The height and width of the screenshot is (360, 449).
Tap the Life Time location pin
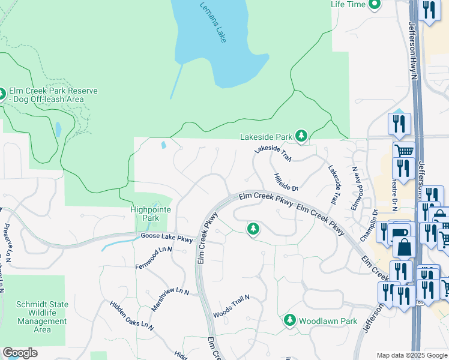click(x=375, y=5)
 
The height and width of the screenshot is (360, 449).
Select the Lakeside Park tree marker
click(x=301, y=137)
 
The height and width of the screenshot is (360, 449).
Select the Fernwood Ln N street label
click(x=154, y=257)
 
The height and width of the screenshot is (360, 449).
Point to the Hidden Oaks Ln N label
click(x=131, y=316)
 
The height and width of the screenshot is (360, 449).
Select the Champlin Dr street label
click(x=368, y=225)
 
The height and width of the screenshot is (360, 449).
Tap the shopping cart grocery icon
click(x=403, y=150)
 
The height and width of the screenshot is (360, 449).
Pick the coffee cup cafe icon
click(x=401, y=230)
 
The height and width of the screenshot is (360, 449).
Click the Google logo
click(x=20, y=353)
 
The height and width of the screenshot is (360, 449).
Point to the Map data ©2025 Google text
click(x=411, y=355)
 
